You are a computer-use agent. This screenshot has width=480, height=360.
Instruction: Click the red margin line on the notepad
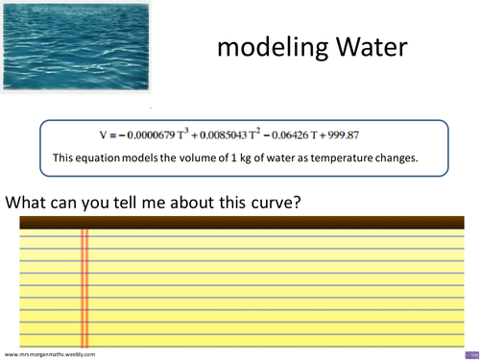(84, 288)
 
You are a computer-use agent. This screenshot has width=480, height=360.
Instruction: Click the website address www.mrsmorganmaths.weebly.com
(50, 354)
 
